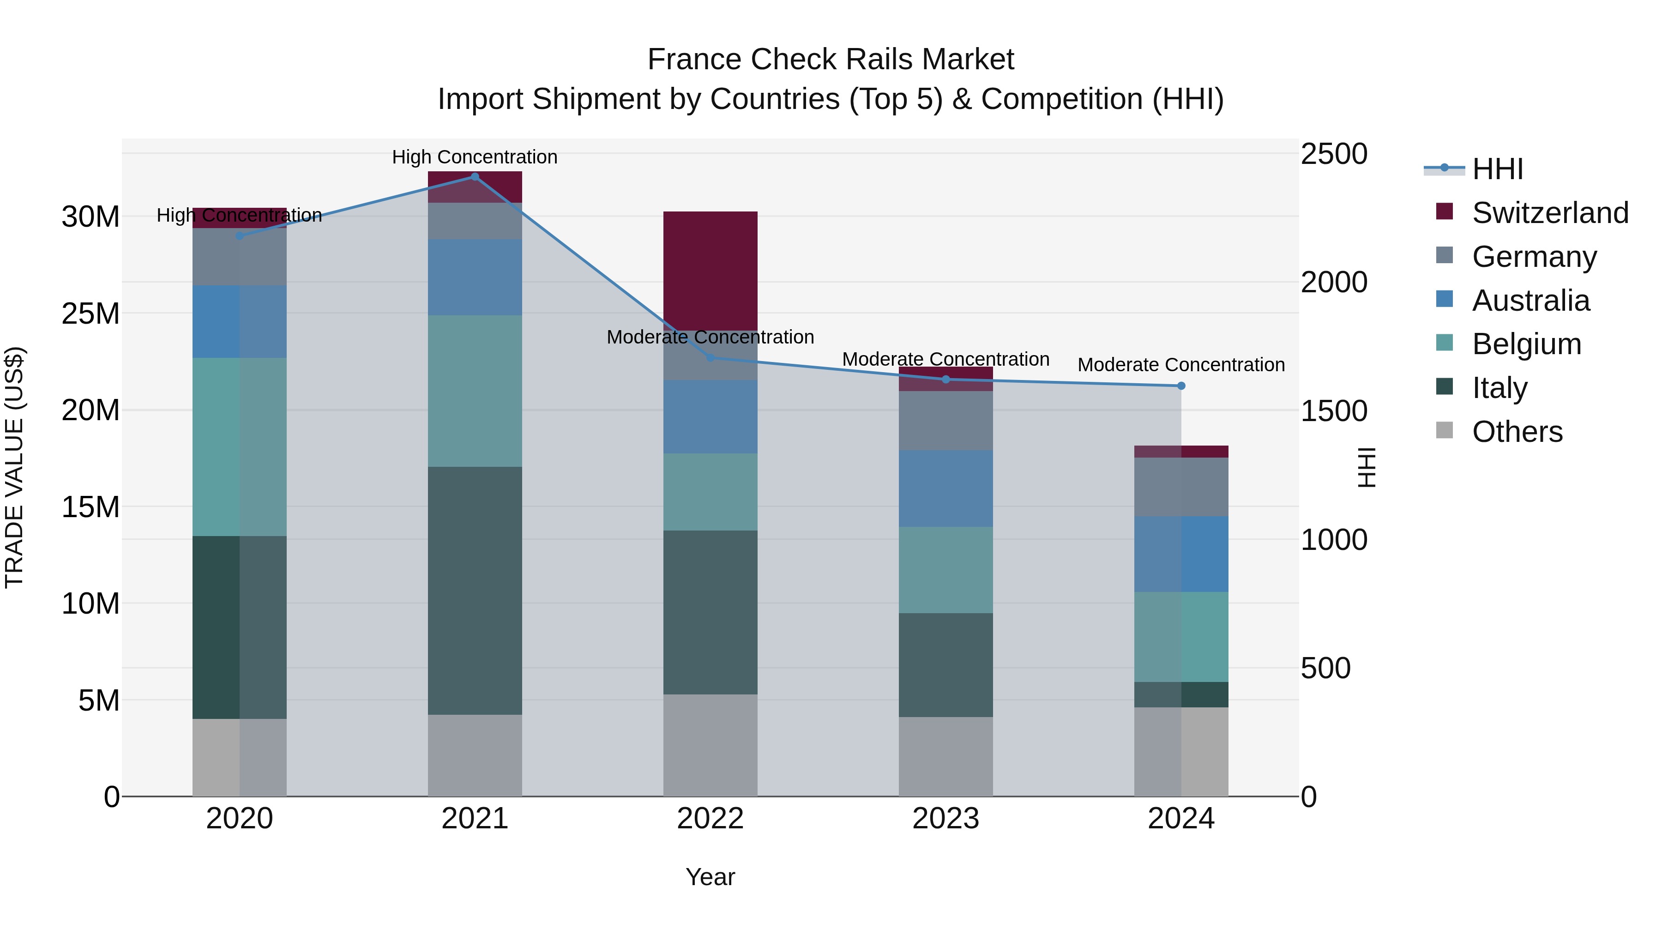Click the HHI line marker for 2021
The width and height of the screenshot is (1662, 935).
(x=475, y=177)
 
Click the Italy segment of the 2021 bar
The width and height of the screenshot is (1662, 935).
(x=475, y=591)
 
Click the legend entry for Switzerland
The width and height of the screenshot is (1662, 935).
(x=1550, y=213)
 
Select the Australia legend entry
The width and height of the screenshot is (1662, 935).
(x=1530, y=301)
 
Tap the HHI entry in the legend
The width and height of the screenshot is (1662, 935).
(x=1497, y=169)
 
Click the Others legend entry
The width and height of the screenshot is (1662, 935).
(x=1516, y=432)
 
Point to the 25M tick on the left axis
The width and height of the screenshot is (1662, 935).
(x=90, y=314)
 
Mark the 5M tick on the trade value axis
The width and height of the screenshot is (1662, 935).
(x=98, y=700)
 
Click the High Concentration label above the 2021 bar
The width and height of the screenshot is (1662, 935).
(x=475, y=157)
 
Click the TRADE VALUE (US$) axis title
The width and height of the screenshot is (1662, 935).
(x=14, y=467)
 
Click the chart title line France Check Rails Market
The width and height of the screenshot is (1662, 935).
(x=831, y=60)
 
